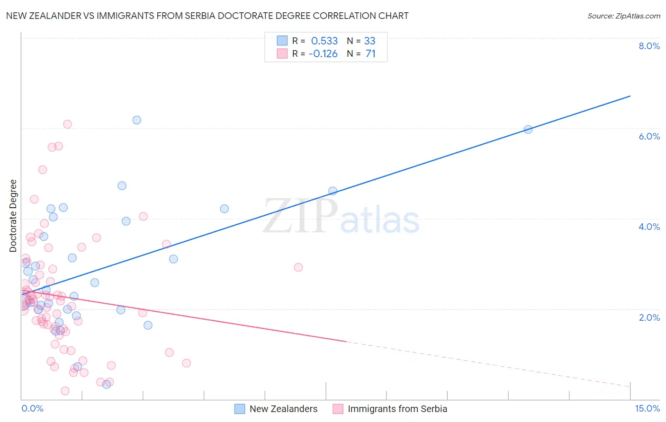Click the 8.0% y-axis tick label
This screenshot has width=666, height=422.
pyautogui.click(x=649, y=46)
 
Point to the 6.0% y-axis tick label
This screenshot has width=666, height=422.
pyautogui.click(x=649, y=136)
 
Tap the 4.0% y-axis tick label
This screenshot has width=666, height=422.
pyautogui.click(x=649, y=227)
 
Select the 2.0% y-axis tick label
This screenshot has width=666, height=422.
pyautogui.click(x=649, y=317)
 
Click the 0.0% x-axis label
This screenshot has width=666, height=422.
pyautogui.click(x=32, y=408)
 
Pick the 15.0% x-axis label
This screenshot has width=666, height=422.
pyautogui.click(x=647, y=408)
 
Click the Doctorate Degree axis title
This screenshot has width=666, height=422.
pyautogui.click(x=13, y=216)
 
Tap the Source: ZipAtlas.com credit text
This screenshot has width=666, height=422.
pyautogui.click(x=623, y=16)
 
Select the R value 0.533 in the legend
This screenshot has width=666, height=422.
pyautogui.click(x=324, y=41)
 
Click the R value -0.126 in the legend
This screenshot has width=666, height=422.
pyautogui.click(x=323, y=54)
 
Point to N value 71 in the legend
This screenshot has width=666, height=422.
pyautogui.click(x=370, y=54)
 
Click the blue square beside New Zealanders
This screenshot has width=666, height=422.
pyautogui.click(x=240, y=409)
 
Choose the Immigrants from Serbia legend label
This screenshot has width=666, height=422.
pyautogui.click(x=397, y=409)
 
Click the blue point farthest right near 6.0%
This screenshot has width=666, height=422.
pyautogui.click(x=528, y=129)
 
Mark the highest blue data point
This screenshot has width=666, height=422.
pyautogui.click(x=137, y=120)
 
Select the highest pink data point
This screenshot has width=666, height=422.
pyautogui.click(x=67, y=124)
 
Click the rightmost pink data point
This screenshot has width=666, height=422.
pyautogui.click(x=298, y=267)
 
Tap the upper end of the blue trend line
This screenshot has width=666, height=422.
pyautogui.click(x=630, y=96)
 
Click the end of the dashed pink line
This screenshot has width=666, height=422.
pyautogui.click(x=630, y=387)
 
